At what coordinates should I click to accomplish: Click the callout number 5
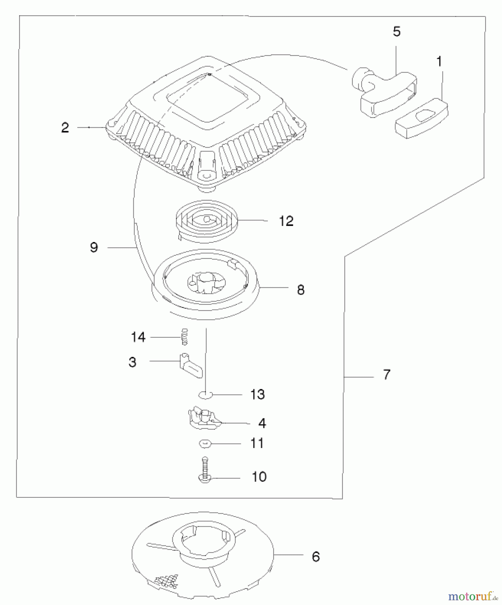pyautogui.click(x=396, y=32)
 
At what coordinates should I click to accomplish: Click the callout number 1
pyautogui.click(x=439, y=62)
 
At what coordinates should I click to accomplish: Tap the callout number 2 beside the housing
pyautogui.click(x=65, y=128)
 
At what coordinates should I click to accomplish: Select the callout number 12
pyautogui.click(x=286, y=221)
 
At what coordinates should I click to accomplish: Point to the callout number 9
pyautogui.click(x=94, y=248)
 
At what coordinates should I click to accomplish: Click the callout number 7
pyautogui.click(x=387, y=374)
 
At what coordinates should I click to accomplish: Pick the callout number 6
pyautogui.click(x=316, y=557)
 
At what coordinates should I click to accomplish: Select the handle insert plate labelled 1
pyautogui.click(x=422, y=118)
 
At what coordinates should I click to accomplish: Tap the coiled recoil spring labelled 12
pyautogui.click(x=207, y=220)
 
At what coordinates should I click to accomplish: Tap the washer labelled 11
pyautogui.click(x=205, y=444)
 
